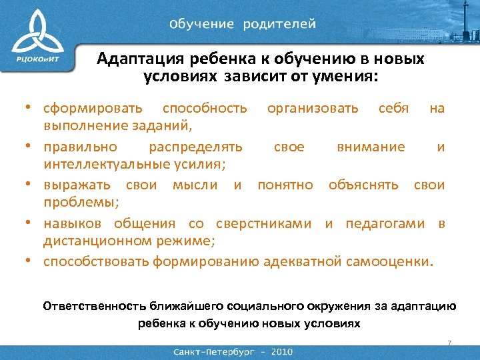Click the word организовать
[313, 108]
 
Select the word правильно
[81, 147]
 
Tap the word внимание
[371, 147]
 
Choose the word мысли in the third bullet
[195, 185]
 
